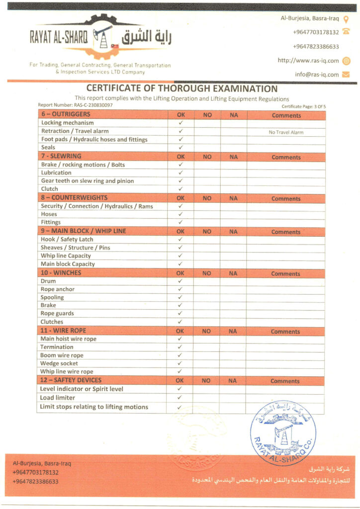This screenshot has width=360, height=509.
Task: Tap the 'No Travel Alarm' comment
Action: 286,132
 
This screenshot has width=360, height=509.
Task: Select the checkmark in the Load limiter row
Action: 180,398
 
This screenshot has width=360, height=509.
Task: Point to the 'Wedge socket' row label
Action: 59,363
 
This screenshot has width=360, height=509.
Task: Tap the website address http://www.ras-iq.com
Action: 308,61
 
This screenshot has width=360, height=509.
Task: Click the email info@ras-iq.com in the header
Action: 317,75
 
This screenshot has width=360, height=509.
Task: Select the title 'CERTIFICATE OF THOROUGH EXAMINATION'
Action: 182,89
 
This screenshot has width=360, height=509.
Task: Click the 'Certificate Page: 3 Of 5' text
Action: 303,106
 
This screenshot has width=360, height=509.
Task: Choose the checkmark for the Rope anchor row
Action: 180,289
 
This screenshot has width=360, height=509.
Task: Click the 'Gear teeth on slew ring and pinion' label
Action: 88,181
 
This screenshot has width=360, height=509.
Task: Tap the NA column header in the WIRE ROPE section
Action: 233,331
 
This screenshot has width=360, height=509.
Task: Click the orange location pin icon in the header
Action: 346,19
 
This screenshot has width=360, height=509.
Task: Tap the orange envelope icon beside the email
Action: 346,75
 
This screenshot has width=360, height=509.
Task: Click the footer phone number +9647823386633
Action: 35,481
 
